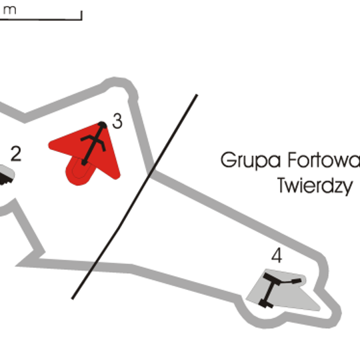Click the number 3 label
pyautogui.click(x=117, y=121)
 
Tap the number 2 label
pyautogui.click(x=16, y=154)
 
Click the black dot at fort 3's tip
pyautogui.click(x=102, y=125)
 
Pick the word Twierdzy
pyautogui.click(x=314, y=186)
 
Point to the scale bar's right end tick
pyautogui.click(x=81, y=15)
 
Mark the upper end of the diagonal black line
pyautogui.click(x=197, y=95)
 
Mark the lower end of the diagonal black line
pyautogui.click(x=73, y=298)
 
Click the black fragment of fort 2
pyautogui.click(x=5, y=177)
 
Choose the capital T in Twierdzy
pyautogui.click(x=282, y=186)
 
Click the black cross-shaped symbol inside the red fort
pyautogui.click(x=93, y=143)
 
